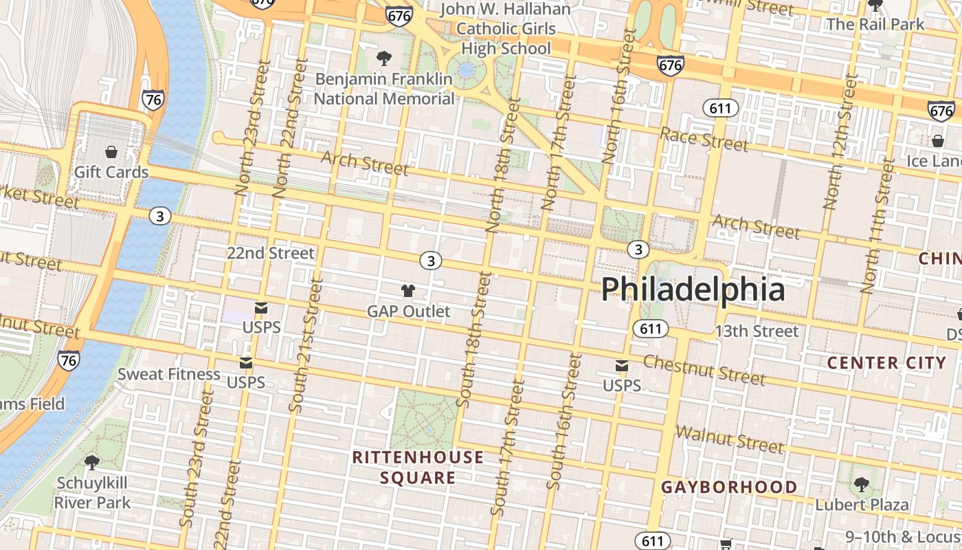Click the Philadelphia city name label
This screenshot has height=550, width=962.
coord(693,289)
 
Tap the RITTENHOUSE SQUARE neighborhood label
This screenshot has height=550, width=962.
coord(418,467)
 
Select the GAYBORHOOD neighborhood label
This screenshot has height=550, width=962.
coord(729,487)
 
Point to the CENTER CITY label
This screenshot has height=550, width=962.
coord(886,363)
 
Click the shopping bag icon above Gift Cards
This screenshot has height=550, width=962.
coord(111,152)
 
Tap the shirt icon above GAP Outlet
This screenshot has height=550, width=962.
coord(408,291)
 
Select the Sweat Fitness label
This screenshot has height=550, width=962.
coord(168,375)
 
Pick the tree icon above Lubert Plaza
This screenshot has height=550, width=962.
coord(861,485)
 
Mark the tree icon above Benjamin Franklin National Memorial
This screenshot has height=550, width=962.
coord(383,58)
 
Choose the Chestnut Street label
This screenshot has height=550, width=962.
coord(704,371)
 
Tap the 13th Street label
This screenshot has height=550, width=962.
coord(757,331)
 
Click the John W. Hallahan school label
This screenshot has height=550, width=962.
coord(505,29)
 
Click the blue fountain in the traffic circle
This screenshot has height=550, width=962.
coord(467,69)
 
